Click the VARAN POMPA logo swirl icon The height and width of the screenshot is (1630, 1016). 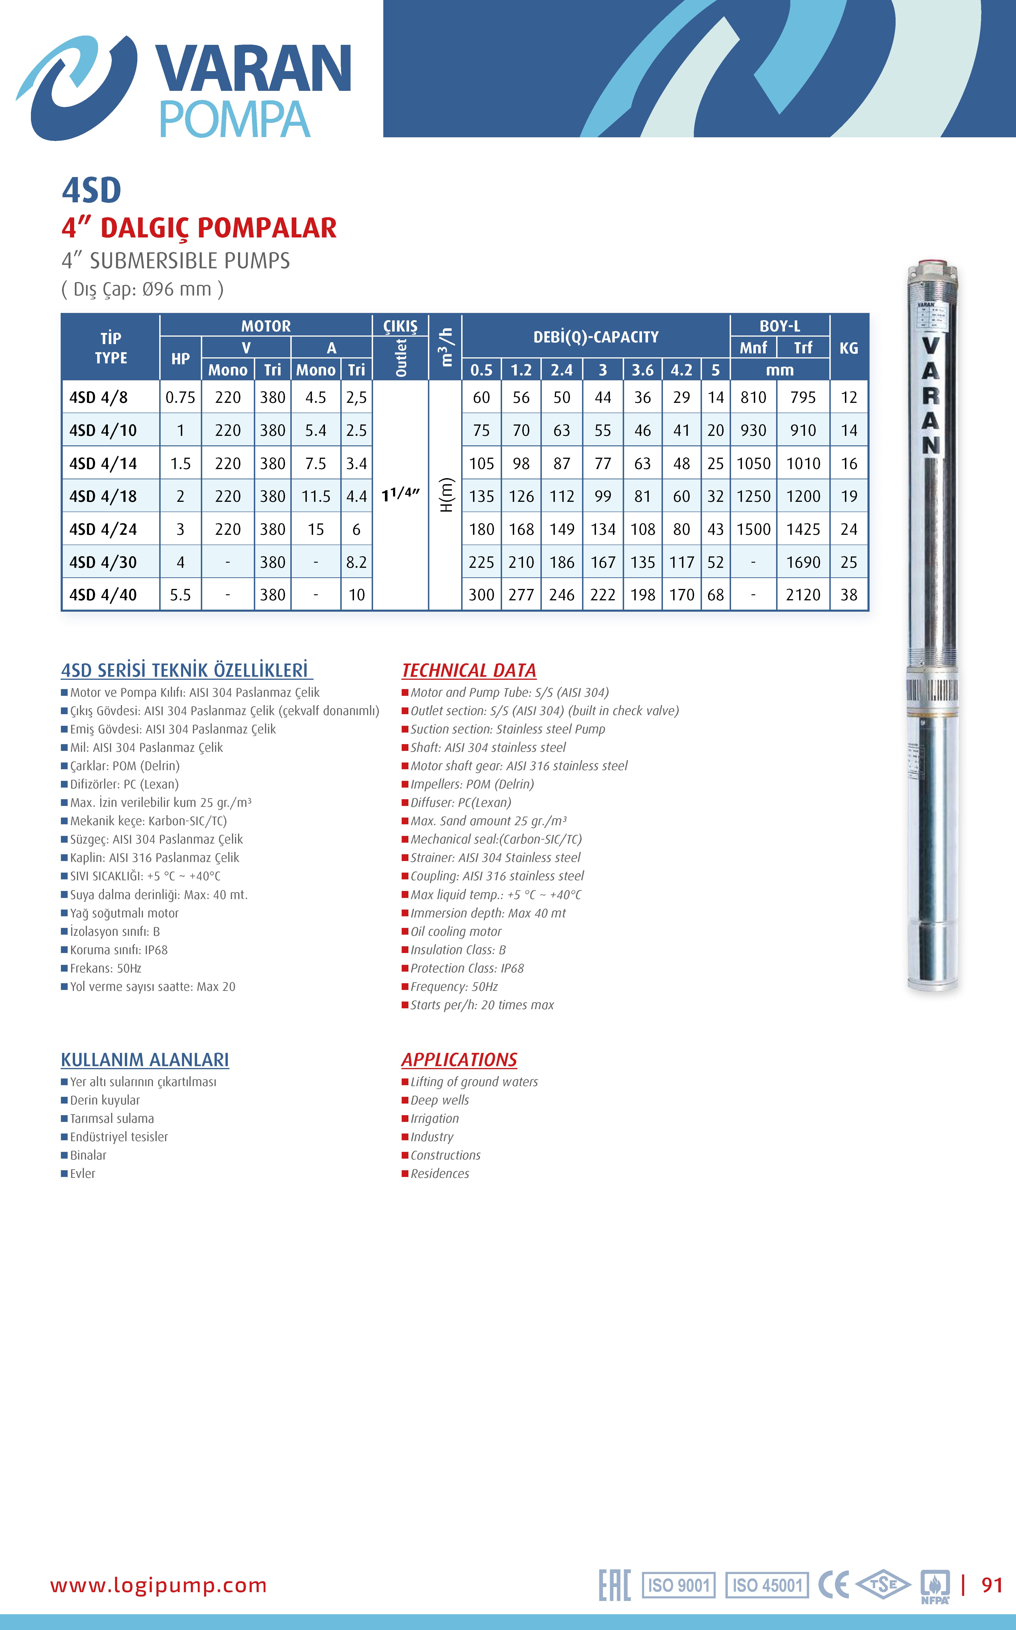[x=75, y=87]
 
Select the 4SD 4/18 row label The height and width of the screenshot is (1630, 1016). [x=103, y=496]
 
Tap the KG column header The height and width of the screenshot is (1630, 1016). [x=849, y=348]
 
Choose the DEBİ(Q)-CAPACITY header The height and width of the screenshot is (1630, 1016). [x=596, y=337]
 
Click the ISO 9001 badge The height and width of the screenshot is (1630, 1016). [x=679, y=1586]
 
